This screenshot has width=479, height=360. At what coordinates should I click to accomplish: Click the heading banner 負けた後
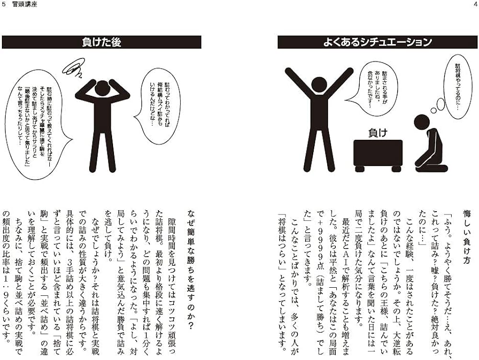101,42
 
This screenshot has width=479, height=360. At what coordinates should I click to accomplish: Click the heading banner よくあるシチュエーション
377,42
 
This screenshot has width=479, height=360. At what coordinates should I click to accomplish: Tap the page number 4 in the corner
475,4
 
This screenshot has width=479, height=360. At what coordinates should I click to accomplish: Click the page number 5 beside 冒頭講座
4,4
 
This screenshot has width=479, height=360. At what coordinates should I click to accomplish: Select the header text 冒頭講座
22,4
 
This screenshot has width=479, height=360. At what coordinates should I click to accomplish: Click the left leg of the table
358,168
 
